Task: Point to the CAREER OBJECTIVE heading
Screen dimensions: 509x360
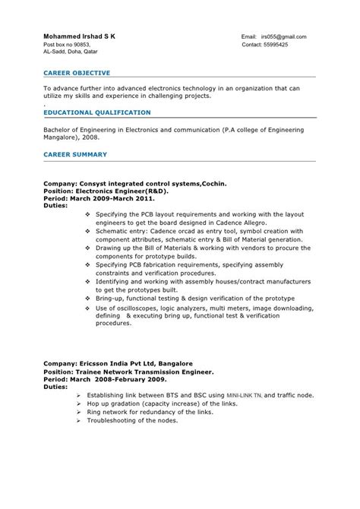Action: pyautogui.click(x=76, y=73)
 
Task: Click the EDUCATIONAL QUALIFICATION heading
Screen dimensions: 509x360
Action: pyautogui.click(x=96, y=112)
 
